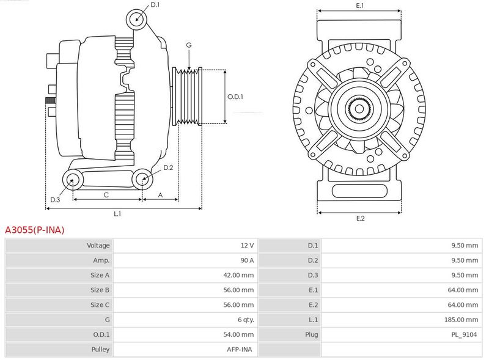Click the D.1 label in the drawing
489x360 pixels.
[155, 6]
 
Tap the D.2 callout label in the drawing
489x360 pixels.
[168, 167]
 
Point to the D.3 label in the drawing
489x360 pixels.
[55, 200]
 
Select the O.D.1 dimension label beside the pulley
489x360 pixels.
[235, 97]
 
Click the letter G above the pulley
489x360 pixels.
[189, 45]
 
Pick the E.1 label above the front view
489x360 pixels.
[359, 6]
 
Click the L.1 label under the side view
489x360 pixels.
[117, 214]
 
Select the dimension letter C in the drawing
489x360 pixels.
[106, 195]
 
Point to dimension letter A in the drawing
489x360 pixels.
[160, 195]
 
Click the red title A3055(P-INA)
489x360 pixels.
[34, 230]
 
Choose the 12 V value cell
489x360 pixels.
[247, 246]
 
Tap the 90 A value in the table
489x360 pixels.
[247, 260]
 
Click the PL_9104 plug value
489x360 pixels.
[465, 334]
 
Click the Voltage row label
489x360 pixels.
[98, 246]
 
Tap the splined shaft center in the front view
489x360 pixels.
[359, 110]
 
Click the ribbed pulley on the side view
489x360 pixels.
[188, 97]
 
